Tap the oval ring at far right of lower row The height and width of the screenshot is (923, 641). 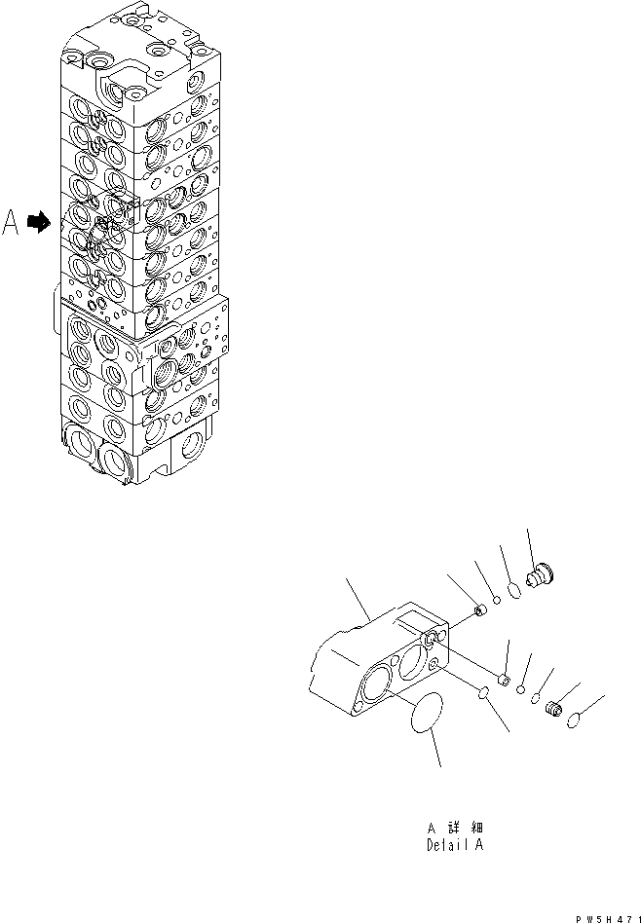[576, 720]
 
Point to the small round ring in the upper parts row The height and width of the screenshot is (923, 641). [496, 602]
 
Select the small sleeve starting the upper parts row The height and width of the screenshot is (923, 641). [479, 610]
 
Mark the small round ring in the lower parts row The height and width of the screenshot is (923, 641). [522, 690]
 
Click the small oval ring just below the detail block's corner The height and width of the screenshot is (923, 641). [481, 691]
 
